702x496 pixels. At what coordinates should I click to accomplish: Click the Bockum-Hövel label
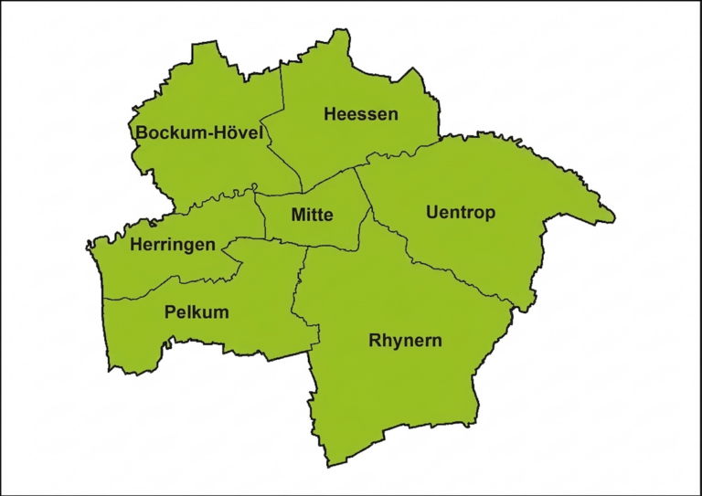(199, 133)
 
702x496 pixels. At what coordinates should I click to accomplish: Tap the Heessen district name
(361, 114)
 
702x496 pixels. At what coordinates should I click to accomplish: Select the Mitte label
(312, 216)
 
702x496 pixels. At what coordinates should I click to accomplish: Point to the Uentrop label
(461, 213)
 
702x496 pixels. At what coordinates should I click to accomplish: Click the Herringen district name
(173, 245)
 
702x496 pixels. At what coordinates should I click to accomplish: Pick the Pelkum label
(197, 312)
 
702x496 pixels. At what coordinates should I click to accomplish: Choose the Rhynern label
(405, 341)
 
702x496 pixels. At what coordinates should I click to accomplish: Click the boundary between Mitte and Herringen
(264, 219)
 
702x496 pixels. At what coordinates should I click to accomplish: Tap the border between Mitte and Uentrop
(363, 192)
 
